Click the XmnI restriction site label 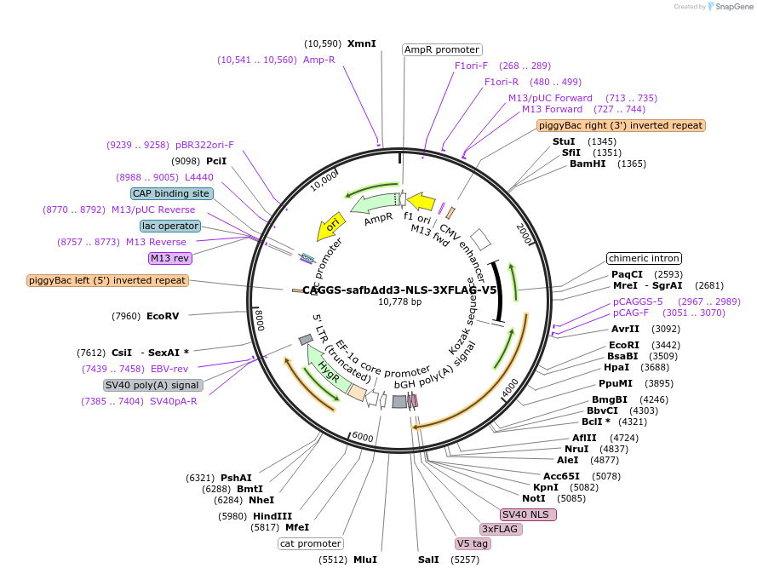coord(362,43)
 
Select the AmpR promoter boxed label coord(441,49)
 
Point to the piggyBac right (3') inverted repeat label coord(622,125)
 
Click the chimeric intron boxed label coord(644,258)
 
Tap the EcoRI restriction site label coord(624,344)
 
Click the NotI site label coord(534,498)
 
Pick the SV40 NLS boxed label coord(528,514)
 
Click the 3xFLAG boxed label coord(501,529)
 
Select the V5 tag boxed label coord(473,543)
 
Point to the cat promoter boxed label coord(311,543)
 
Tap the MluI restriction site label coord(365,560)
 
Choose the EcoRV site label coord(163,317)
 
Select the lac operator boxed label coord(170,226)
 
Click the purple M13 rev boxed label coord(170,258)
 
